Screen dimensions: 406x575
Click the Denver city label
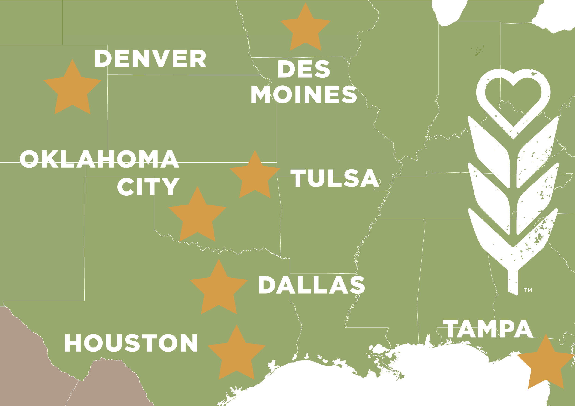pyautogui.click(x=150, y=58)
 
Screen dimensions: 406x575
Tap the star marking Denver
pyautogui.click(x=72, y=89)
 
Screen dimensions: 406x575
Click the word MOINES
pyautogui.click(x=304, y=94)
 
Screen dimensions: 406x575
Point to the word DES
pyautogui.click(x=304, y=69)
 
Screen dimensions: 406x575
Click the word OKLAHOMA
pyautogui.click(x=99, y=159)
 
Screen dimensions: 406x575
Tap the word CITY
pyautogui.click(x=148, y=187)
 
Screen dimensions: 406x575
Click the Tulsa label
pyautogui.click(x=335, y=178)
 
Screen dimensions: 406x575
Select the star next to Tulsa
pyautogui.click(x=255, y=177)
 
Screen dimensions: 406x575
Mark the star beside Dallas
pyautogui.click(x=219, y=289)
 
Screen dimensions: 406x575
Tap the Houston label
pyautogui.click(x=131, y=343)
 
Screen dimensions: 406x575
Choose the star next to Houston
pyautogui.click(x=236, y=355)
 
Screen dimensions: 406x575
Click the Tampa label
pyautogui.click(x=488, y=329)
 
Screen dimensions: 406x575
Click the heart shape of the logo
pyautogui.click(x=513, y=100)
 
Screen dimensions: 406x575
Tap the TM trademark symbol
pyautogui.click(x=528, y=290)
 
